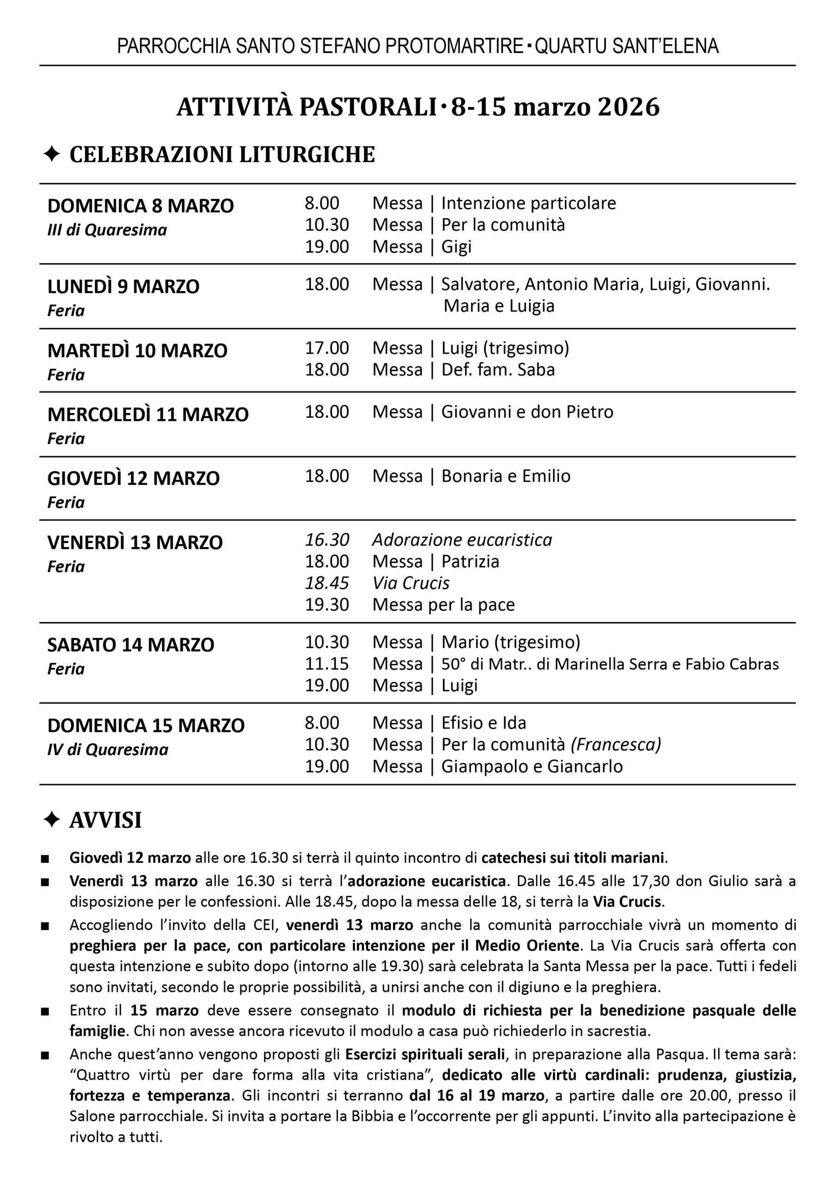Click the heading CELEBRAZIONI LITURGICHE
(x=222, y=155)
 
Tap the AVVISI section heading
(x=105, y=820)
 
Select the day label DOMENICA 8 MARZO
(x=140, y=206)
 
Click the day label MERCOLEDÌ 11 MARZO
(x=148, y=415)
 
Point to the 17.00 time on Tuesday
(x=327, y=348)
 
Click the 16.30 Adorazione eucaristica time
(x=327, y=540)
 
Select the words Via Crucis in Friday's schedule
(x=411, y=583)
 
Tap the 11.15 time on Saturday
(x=327, y=664)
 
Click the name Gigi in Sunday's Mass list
(x=456, y=247)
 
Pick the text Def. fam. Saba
(x=498, y=370)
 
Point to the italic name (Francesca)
(x=616, y=745)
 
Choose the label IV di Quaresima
(x=108, y=750)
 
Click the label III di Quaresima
(x=107, y=230)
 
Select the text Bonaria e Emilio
(x=505, y=476)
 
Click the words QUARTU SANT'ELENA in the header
(x=627, y=46)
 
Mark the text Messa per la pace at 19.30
(x=444, y=605)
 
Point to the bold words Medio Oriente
(x=527, y=945)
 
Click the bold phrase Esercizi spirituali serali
(x=425, y=1054)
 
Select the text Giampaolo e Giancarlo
(x=532, y=766)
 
